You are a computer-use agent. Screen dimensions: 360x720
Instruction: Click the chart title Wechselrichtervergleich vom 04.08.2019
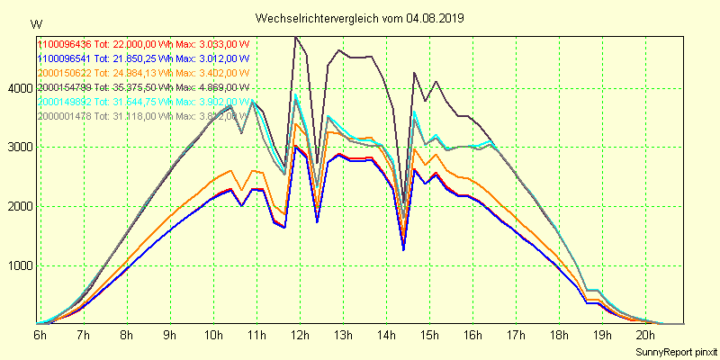(360, 18)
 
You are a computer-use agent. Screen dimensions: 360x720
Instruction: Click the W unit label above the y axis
(35, 23)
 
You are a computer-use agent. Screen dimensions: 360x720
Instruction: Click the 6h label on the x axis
(40, 335)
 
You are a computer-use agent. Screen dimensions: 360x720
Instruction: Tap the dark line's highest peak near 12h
(296, 37)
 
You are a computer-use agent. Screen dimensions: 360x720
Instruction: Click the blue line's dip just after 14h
(403, 249)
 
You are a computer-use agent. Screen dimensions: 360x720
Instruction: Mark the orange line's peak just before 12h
(296, 123)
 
